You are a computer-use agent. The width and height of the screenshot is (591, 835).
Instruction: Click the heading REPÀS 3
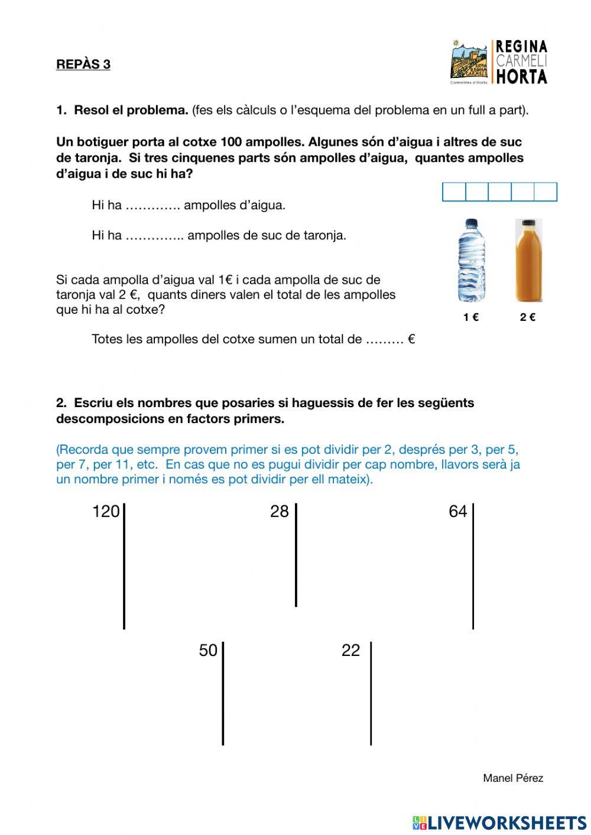click(x=83, y=64)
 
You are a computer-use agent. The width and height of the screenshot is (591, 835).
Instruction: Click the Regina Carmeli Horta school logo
click(x=499, y=62)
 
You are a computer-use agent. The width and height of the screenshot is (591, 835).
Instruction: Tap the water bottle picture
click(x=471, y=260)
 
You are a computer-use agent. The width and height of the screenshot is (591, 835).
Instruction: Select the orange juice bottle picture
click(x=528, y=260)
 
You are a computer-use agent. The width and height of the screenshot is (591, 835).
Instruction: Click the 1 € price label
click(x=471, y=317)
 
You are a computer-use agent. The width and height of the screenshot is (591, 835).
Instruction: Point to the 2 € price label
click(x=528, y=317)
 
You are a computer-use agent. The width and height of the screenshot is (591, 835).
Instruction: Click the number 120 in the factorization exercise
click(x=106, y=511)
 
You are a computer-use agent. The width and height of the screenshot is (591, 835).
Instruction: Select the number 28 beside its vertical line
click(x=279, y=511)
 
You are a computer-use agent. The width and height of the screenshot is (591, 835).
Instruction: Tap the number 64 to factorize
click(x=457, y=511)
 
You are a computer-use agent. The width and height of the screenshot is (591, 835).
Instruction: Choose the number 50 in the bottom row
click(x=208, y=650)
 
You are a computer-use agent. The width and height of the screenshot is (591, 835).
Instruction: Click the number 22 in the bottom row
click(x=350, y=650)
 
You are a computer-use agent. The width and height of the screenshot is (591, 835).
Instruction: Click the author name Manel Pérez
click(x=513, y=778)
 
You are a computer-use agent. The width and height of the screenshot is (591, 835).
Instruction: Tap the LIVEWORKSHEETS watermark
click(x=499, y=823)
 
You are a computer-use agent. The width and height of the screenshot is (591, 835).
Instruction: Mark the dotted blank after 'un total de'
click(x=384, y=340)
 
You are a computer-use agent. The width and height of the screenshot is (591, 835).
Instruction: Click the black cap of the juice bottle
click(x=528, y=223)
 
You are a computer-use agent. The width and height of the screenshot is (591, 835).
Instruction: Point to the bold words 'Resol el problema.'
click(x=131, y=110)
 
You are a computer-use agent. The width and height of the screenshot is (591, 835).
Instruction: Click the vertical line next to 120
click(x=124, y=566)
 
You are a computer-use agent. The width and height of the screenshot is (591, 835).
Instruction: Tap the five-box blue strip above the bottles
click(x=499, y=192)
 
